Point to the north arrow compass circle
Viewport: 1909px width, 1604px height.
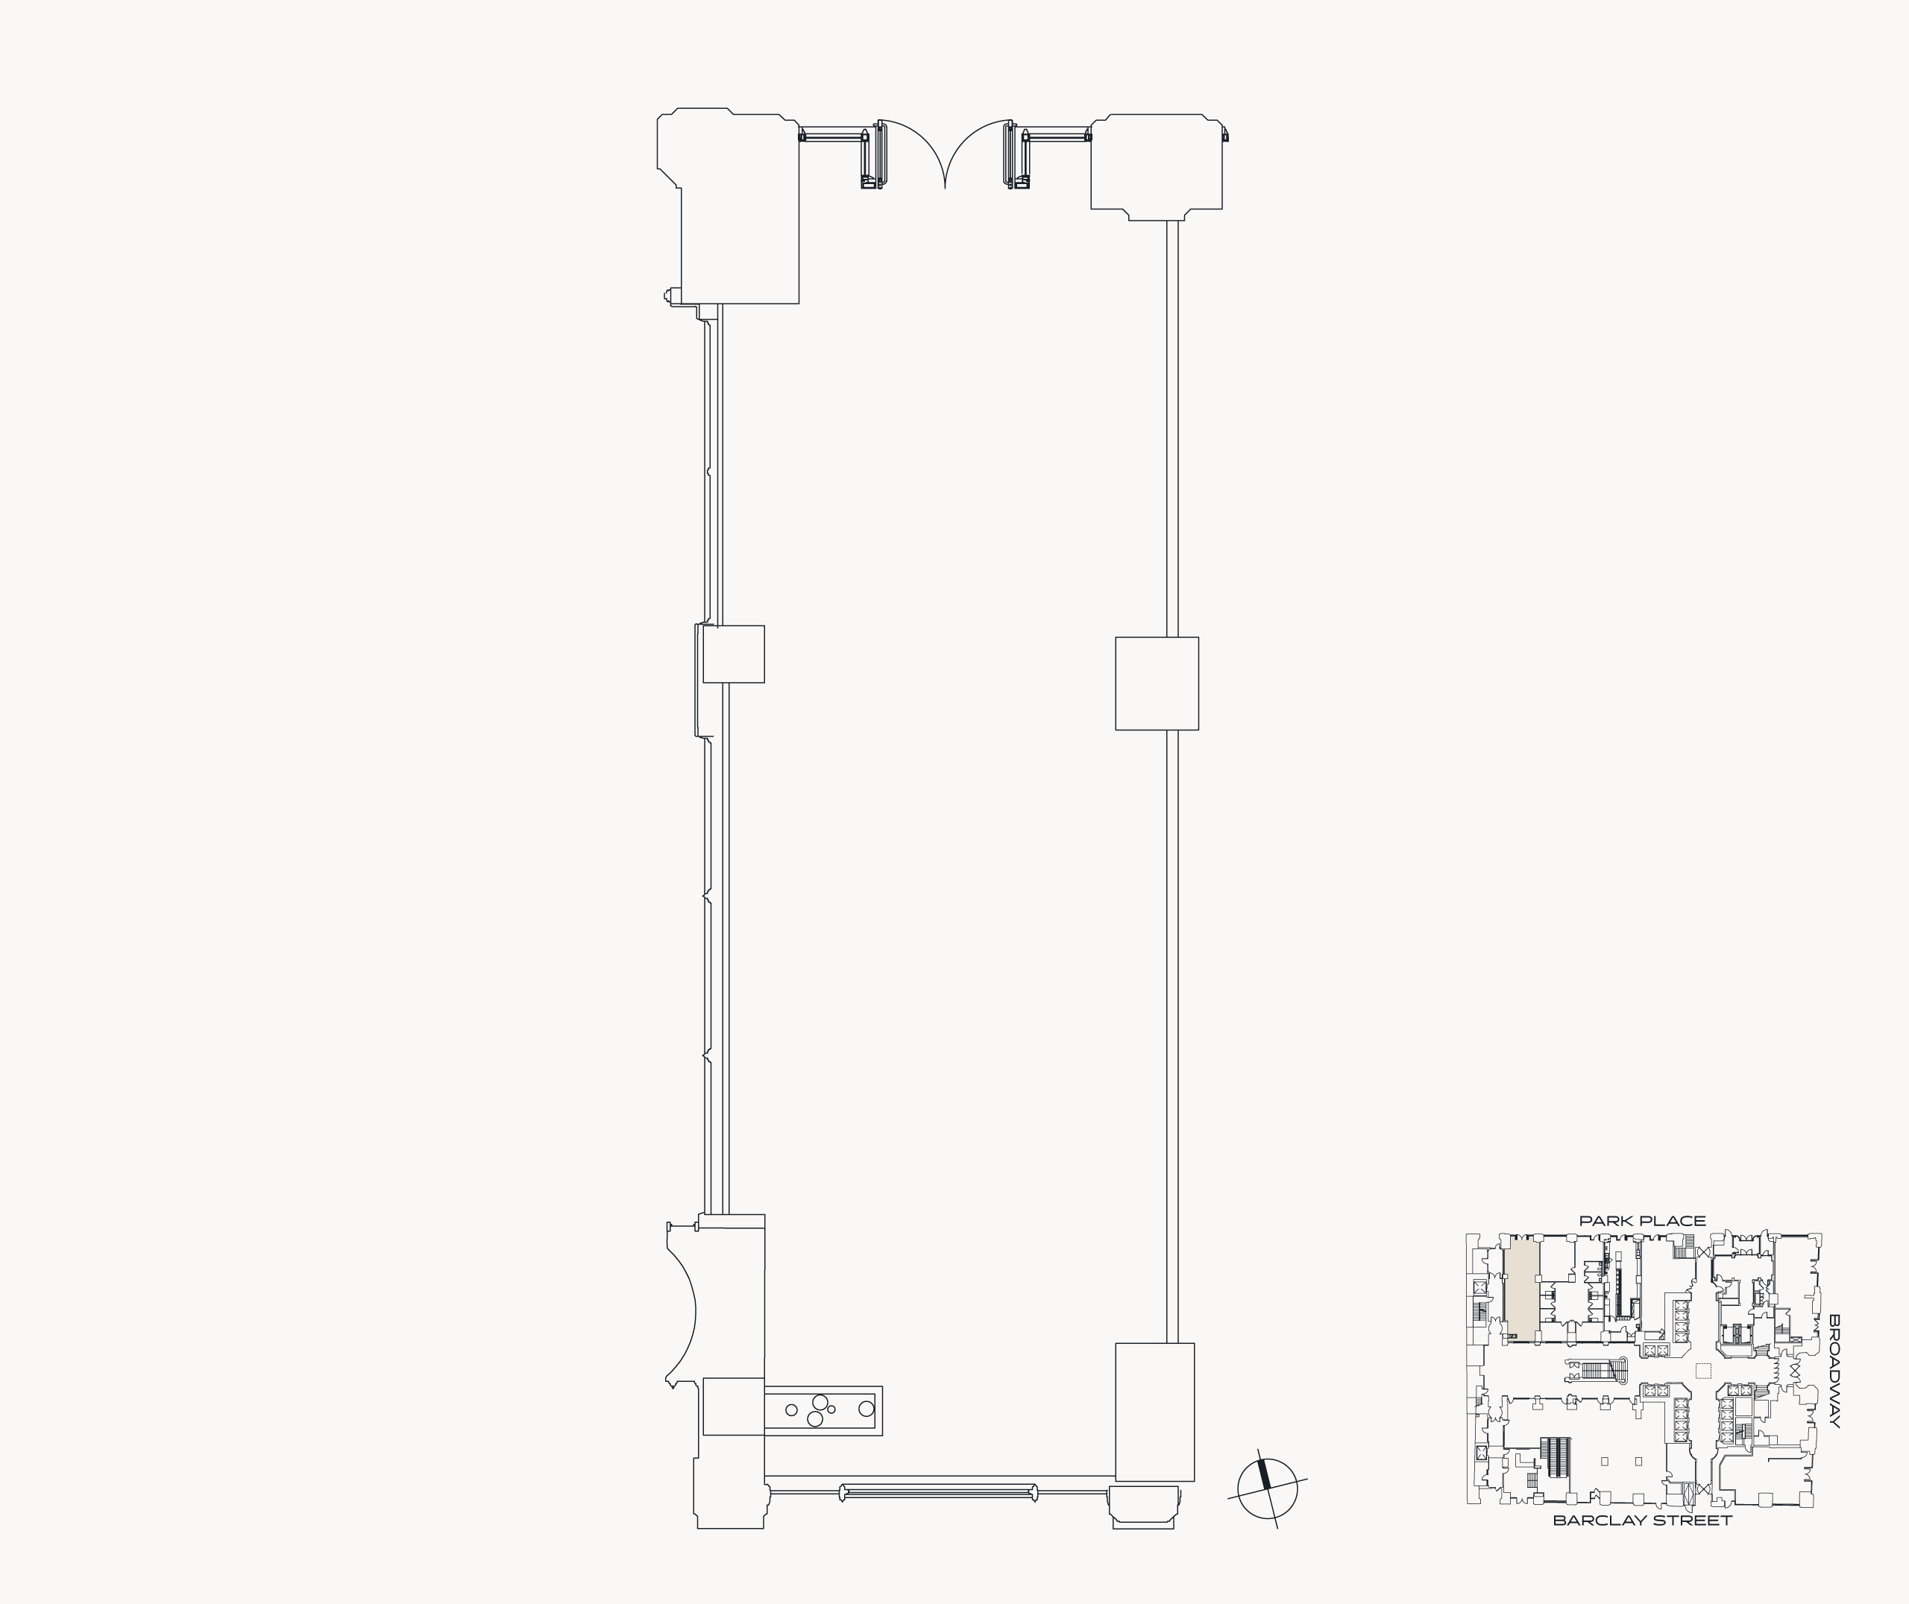coord(1268,1488)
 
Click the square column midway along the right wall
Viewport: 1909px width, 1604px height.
coord(1157,683)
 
